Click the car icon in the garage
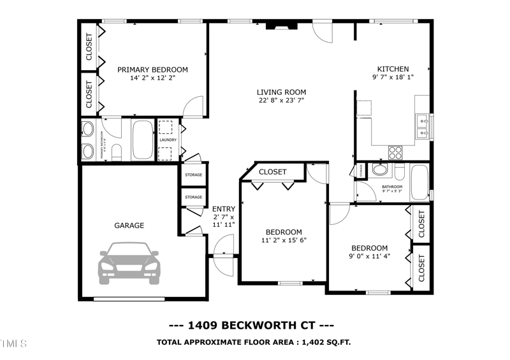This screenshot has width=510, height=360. coord(129,262)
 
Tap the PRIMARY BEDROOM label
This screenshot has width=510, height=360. coord(152,69)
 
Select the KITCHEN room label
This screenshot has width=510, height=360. coord(393,69)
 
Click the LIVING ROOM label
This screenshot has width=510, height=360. coord(281,92)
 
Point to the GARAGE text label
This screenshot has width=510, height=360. coord(129,225)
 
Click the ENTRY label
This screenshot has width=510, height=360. coord(224,209)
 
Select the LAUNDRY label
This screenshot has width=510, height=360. coord(168,140)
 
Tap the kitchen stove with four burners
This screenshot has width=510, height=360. coord(395,152)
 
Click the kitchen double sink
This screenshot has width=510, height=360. coord(422,127)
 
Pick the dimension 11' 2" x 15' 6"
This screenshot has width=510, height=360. coord(284,241)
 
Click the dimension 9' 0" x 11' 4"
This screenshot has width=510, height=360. coord(369,257)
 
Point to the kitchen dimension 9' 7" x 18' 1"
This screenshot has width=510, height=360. coord(393,78)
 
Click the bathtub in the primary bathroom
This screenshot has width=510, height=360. coord(142,139)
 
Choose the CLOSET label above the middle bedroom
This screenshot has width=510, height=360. coord(272,172)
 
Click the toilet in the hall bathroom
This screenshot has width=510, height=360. coord(381,170)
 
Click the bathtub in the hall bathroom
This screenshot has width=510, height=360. coord(420,182)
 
